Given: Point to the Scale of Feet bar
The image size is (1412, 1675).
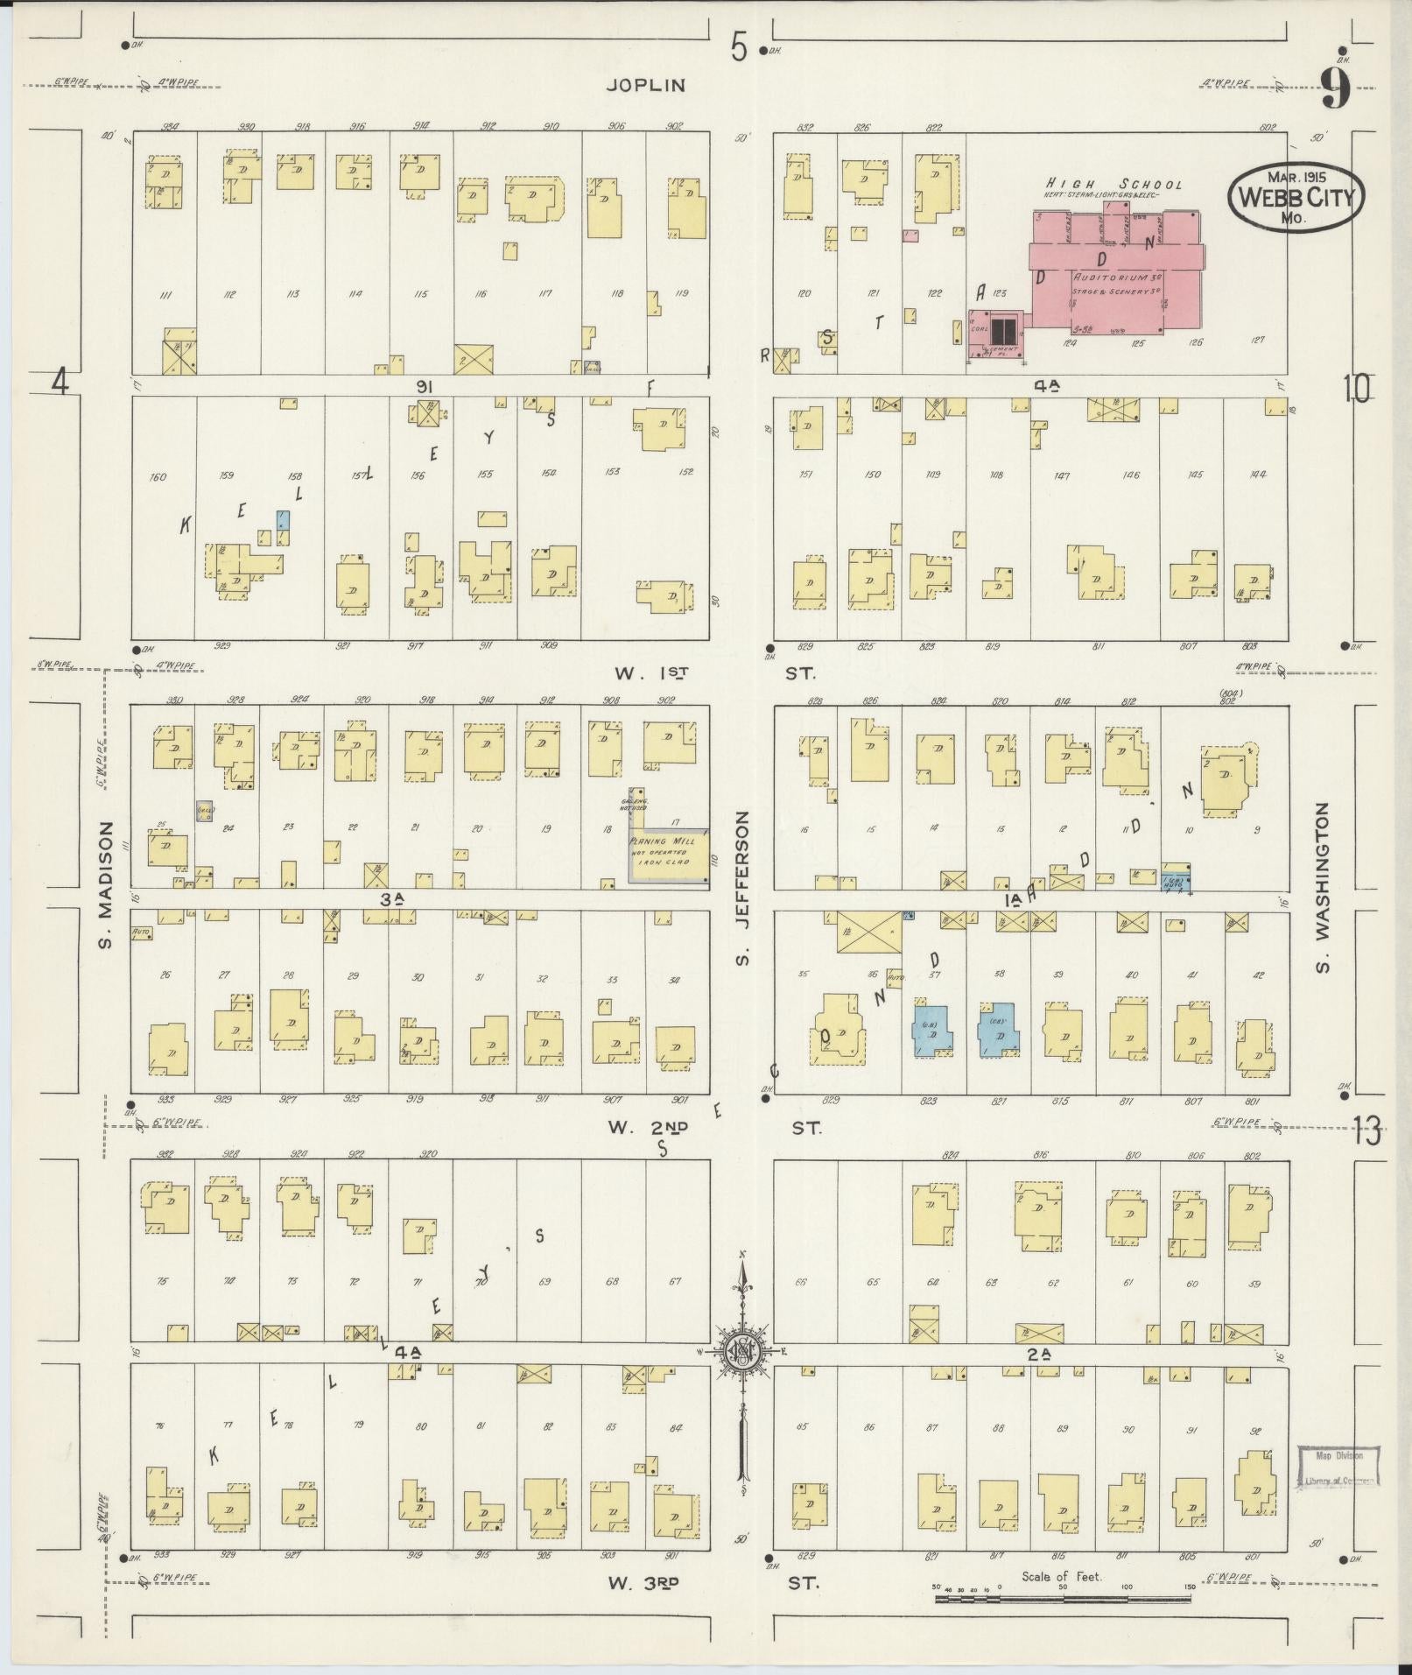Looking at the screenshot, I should click(1062, 1598).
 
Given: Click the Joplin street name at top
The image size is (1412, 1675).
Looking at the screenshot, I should click(646, 85).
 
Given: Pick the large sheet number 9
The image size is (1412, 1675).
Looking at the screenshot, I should click(1335, 88).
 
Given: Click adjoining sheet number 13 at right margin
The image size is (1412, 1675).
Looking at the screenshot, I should click(1366, 1132).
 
